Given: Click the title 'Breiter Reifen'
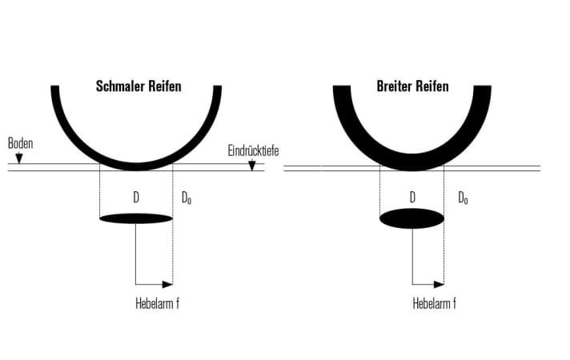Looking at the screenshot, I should (412, 86).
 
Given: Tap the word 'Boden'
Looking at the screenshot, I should (20, 144).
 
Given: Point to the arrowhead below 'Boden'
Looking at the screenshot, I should (20, 160).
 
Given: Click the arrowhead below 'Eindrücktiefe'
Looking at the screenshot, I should (252, 166).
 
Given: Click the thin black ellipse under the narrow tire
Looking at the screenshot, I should (136, 218).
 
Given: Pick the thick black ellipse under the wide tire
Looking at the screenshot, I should (411, 218).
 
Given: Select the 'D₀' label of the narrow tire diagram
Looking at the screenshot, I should (186, 198).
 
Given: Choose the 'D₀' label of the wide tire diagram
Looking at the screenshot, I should (463, 198).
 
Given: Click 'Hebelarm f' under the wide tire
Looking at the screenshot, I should (435, 303).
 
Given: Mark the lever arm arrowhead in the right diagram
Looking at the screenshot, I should (439, 284).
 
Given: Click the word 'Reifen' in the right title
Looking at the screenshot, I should (431, 86).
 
